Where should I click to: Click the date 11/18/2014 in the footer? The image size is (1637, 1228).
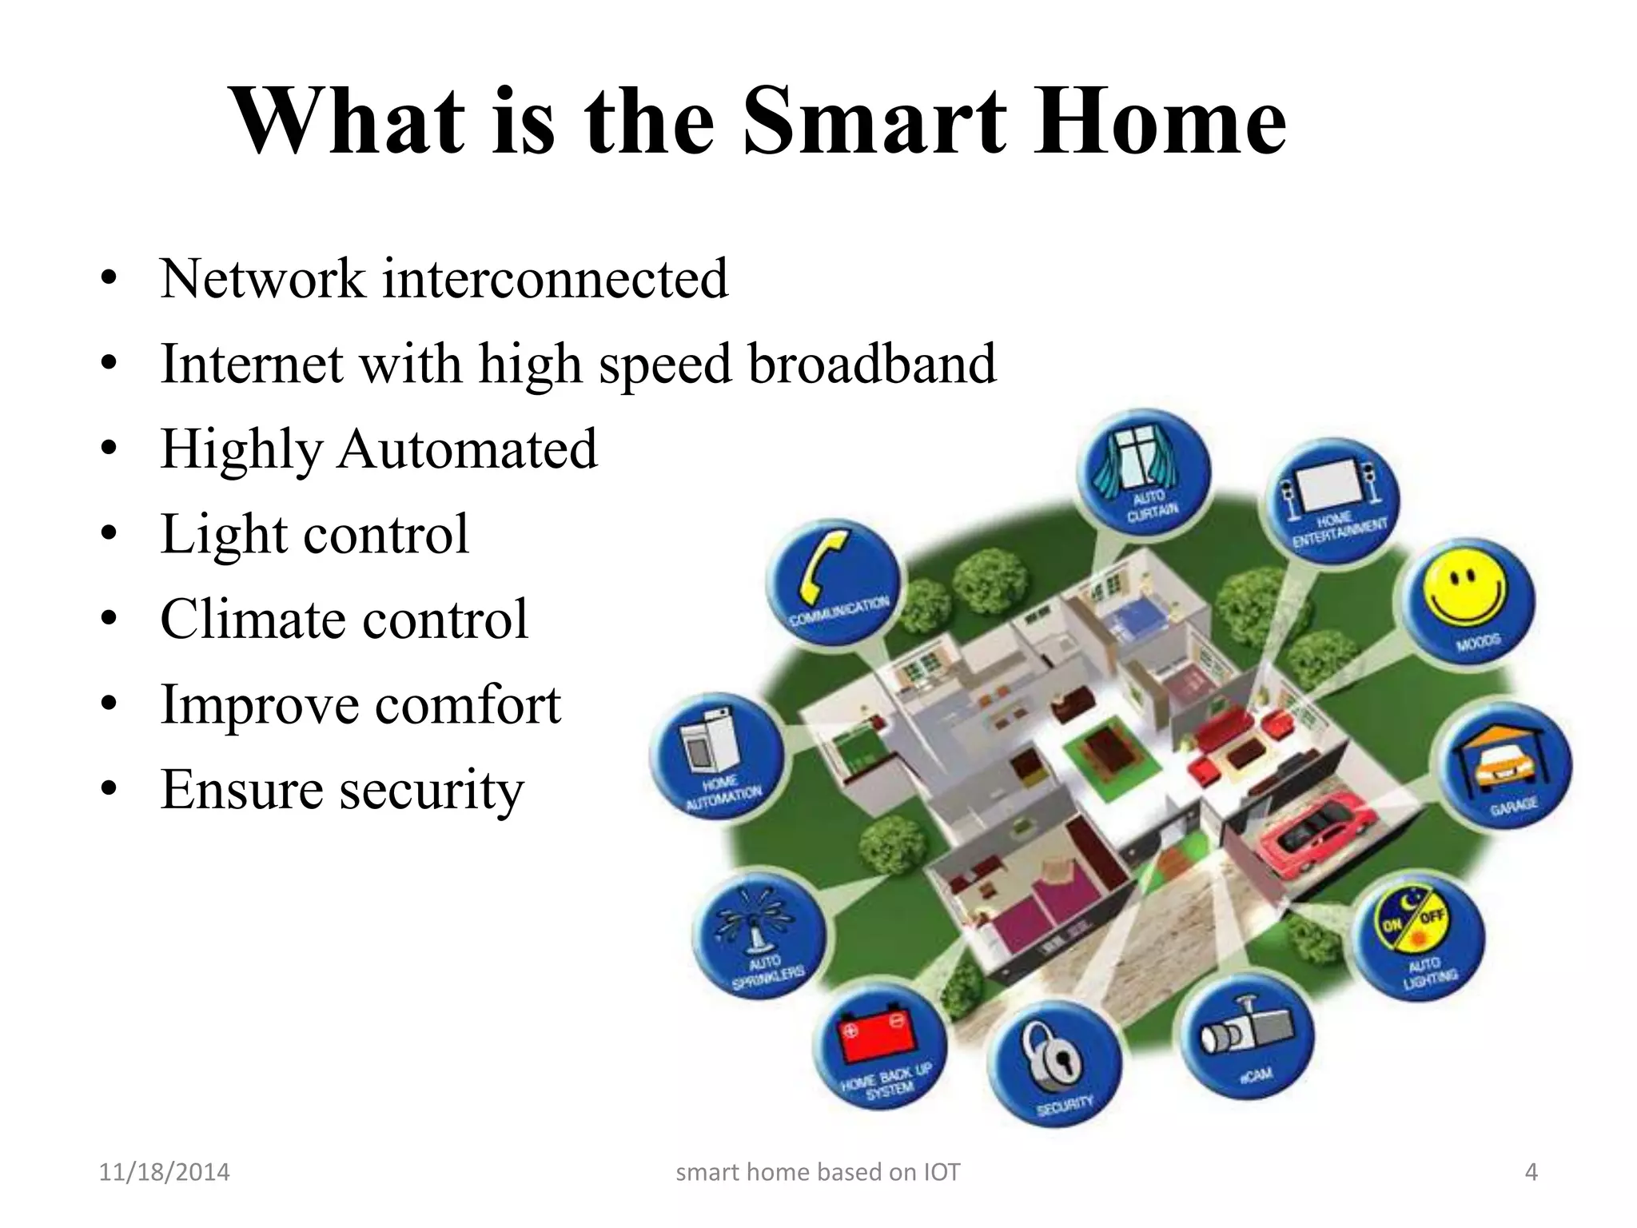[164, 1172]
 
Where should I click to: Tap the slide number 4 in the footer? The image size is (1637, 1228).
[1531, 1172]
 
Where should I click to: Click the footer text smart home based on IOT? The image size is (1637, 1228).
[818, 1172]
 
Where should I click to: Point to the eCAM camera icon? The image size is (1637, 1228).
[1248, 1043]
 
